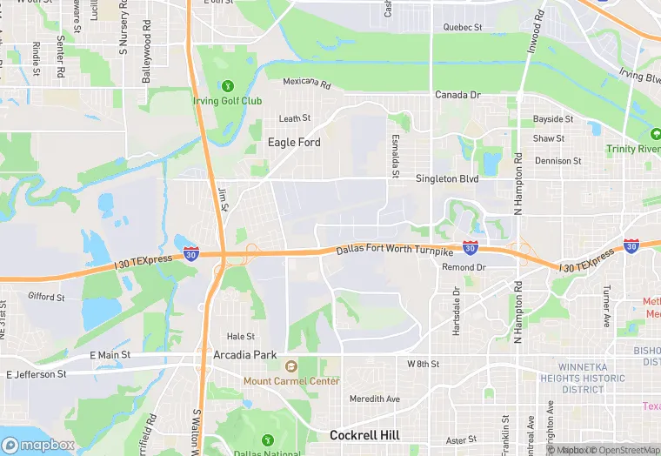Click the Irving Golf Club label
tap(227, 100)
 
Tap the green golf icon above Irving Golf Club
tap(227, 86)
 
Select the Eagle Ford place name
tap(294, 142)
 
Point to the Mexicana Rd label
tap(307, 84)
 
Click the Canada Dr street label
tap(457, 95)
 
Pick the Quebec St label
tap(462, 28)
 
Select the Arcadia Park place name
tap(245, 355)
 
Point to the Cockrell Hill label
tap(366, 435)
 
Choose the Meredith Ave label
tap(375, 399)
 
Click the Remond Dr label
tap(464, 267)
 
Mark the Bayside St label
tap(553, 118)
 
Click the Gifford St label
tap(46, 297)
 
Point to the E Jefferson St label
tap(36, 374)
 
